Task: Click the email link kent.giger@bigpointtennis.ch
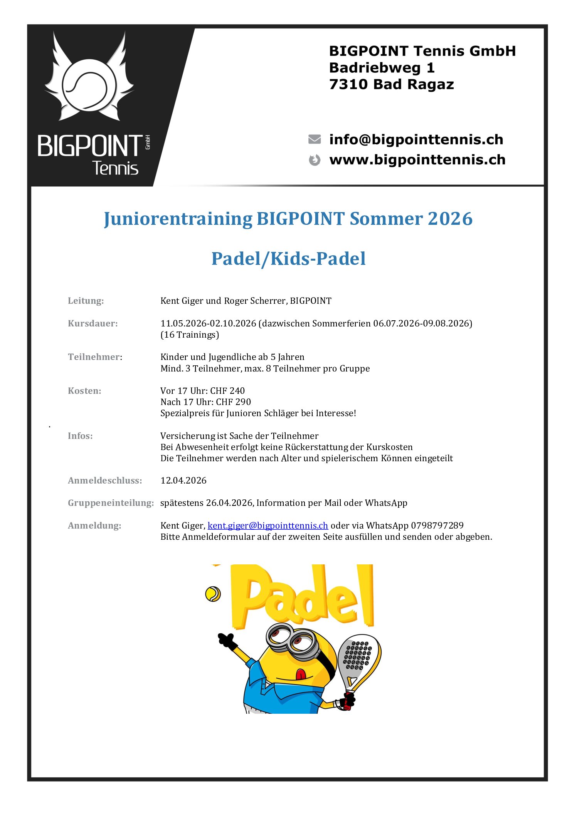(x=267, y=525)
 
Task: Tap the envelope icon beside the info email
(x=315, y=139)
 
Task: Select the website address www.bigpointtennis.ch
(x=417, y=160)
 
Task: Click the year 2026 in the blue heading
(x=450, y=219)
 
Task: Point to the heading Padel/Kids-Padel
(x=288, y=259)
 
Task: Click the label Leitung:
(x=86, y=301)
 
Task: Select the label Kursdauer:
(x=93, y=323)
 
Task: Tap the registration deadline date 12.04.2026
(x=183, y=480)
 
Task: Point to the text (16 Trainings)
(x=190, y=335)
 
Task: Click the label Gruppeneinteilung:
(x=111, y=503)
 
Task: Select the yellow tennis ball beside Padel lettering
(x=213, y=594)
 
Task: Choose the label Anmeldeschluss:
(x=105, y=480)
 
